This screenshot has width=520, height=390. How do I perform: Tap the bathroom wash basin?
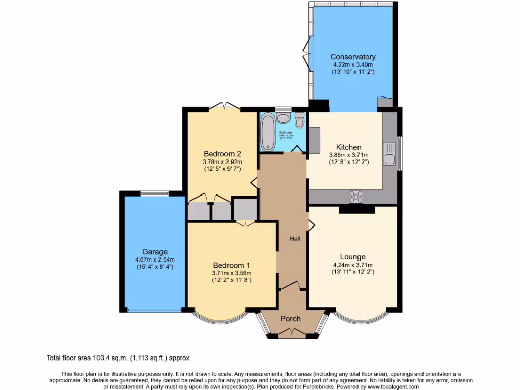(284, 118)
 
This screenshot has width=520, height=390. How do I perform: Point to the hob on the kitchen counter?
(356, 196)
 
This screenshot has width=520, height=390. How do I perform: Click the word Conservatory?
(352, 57)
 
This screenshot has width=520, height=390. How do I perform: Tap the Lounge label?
(352, 257)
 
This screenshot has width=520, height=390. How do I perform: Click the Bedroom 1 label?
(232, 265)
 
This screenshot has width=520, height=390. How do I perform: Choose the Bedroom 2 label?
(222, 154)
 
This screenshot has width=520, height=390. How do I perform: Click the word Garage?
(154, 252)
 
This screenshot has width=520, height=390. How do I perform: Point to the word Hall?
(295, 239)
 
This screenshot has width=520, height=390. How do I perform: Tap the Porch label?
(290, 319)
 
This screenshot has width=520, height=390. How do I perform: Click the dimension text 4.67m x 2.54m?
(154, 259)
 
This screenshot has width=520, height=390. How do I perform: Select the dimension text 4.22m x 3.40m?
(352, 64)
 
